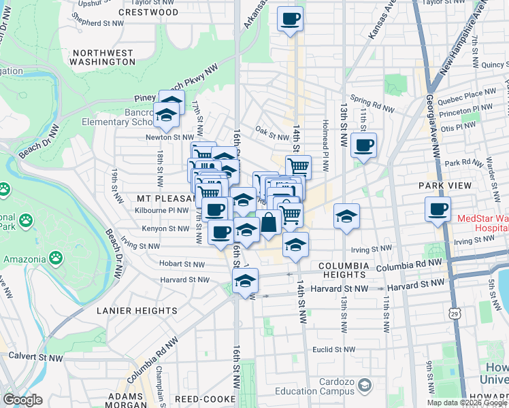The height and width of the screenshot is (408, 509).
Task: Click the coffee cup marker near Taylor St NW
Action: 291,20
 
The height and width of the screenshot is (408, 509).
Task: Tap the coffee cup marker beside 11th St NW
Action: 364,146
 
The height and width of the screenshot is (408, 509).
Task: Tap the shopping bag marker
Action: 269,222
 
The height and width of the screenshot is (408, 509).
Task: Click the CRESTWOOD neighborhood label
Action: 148,12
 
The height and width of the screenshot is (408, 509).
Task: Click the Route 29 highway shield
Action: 463,311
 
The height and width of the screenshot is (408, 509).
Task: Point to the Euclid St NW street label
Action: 330,349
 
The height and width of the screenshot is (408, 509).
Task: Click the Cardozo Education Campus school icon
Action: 365,386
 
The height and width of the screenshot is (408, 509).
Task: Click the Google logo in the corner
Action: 22,400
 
